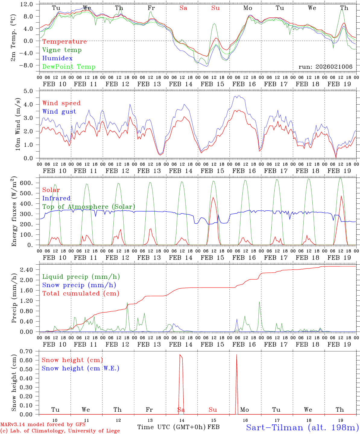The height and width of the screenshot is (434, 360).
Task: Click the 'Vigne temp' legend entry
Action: (62, 50)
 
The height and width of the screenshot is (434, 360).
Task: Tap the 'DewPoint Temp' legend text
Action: (69, 67)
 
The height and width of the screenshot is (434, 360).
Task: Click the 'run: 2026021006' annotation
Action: (325, 67)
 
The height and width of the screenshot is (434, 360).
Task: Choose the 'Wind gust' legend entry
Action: (59, 112)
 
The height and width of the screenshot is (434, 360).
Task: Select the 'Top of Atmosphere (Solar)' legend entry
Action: (89, 207)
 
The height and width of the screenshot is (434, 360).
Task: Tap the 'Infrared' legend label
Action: (56, 198)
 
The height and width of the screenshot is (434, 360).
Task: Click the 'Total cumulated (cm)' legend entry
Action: (81, 293)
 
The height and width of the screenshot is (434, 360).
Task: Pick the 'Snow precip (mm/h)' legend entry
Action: (79, 285)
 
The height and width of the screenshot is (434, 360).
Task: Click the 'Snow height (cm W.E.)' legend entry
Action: (81, 368)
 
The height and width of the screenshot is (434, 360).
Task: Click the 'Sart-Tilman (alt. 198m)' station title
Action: (302, 427)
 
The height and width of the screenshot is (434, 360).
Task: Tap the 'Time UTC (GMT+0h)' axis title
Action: (171, 427)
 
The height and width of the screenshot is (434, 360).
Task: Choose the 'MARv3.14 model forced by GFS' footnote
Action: (43, 425)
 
